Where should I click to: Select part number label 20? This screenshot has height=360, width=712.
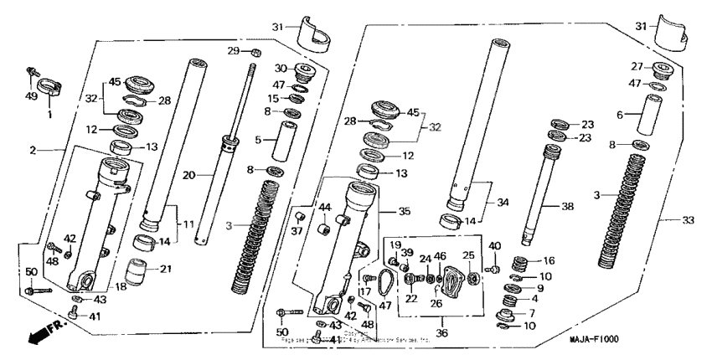coord(189,175)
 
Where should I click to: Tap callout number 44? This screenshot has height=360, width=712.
coord(326,207)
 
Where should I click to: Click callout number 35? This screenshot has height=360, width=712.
coord(405,211)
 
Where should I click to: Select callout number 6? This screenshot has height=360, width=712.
coord(621,116)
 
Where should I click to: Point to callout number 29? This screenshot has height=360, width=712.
coord(235,52)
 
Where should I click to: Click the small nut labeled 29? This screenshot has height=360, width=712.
coord(255,54)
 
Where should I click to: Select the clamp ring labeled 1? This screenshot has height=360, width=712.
coord(49,84)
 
